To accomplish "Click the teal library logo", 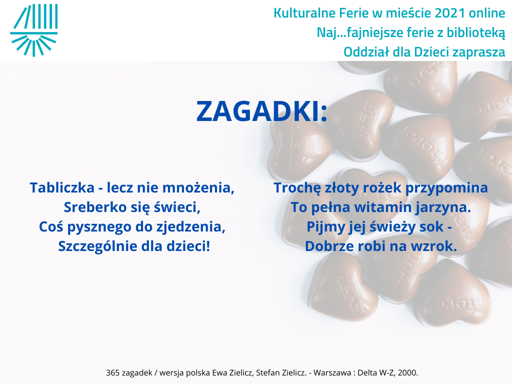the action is pos(34,30).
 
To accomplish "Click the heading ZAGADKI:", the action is pos(261,111).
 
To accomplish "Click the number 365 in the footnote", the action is pos(112,372).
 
